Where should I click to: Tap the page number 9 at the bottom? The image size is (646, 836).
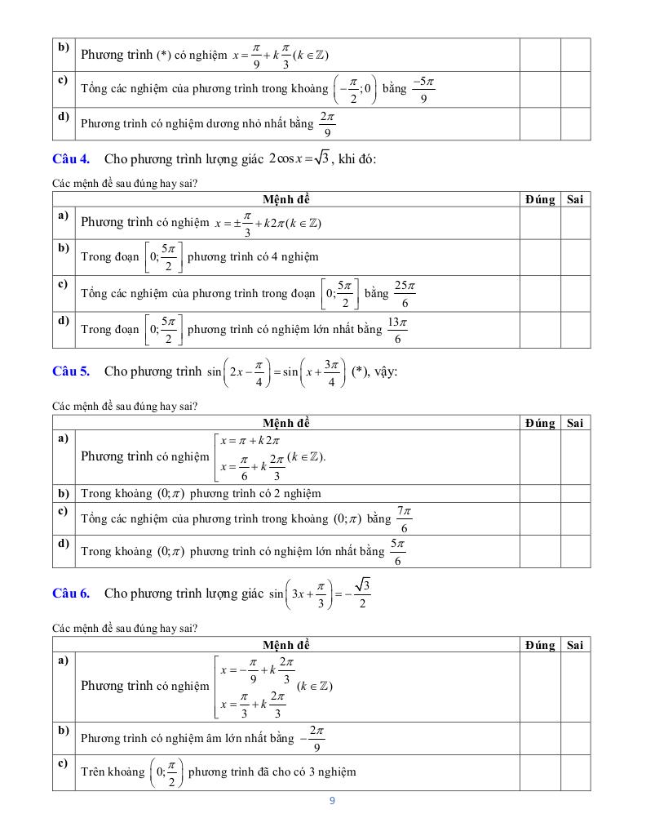pos(332,800)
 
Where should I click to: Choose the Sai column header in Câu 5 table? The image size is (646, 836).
pos(575,423)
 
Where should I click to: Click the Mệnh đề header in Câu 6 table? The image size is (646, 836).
pos(286,645)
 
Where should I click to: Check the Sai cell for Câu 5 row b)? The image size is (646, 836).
pos(575,493)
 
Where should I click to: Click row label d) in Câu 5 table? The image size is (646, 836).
pos(63,543)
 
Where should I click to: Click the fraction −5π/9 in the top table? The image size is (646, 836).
pos(422,90)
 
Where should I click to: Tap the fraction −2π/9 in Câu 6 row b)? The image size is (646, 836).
pos(315,738)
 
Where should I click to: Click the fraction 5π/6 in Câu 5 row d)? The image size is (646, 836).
pos(397,552)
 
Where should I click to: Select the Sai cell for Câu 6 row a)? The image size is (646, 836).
pos(575,687)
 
